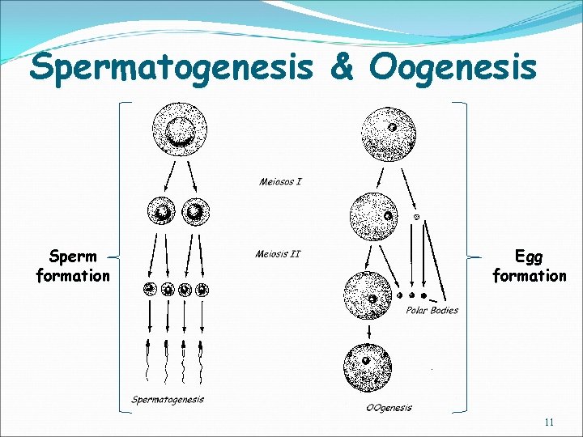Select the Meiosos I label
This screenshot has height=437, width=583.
click(280, 181)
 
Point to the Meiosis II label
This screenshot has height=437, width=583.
click(278, 254)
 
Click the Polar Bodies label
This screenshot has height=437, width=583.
click(431, 310)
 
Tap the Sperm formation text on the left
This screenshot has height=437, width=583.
click(73, 266)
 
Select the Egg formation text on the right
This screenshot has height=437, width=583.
click(530, 266)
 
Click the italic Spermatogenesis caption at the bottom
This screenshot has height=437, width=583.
click(168, 399)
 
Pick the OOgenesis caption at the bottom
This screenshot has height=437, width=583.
click(379, 408)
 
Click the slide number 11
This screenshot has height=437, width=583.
click(550, 422)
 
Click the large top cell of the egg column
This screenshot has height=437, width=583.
click(388, 134)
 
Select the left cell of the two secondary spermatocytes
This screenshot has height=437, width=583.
click(162, 212)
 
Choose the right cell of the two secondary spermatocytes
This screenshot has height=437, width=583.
click(194, 212)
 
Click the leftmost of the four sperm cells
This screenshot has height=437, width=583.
click(150, 288)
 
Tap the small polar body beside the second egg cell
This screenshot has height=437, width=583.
click(417, 217)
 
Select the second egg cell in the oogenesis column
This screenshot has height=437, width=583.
click(375, 217)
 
